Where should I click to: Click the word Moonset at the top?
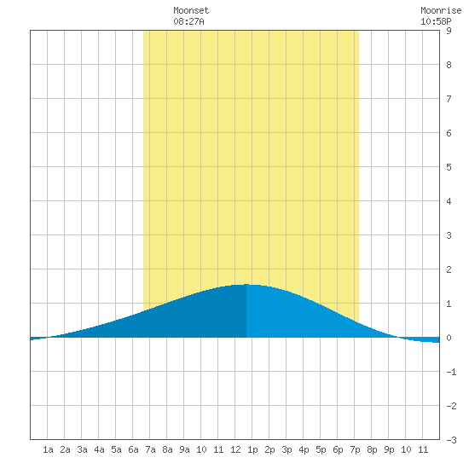(x=191, y=10)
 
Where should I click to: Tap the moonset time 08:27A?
(x=188, y=21)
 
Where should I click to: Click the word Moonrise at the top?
(x=441, y=10)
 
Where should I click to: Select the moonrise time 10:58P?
(x=436, y=21)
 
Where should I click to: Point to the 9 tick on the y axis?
(x=449, y=31)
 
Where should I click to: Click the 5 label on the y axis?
(x=449, y=167)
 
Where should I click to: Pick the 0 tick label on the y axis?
(x=449, y=338)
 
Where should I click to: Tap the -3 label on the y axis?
(x=451, y=440)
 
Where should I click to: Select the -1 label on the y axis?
(x=451, y=372)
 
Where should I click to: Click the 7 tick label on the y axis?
(x=449, y=99)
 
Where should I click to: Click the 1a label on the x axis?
(x=48, y=449)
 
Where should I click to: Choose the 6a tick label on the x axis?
(x=133, y=449)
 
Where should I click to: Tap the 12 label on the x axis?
(x=235, y=449)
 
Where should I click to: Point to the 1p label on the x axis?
(x=252, y=449)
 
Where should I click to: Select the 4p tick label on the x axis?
(x=304, y=449)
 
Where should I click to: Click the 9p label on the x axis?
(x=389, y=449)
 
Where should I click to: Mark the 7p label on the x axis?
(x=355, y=449)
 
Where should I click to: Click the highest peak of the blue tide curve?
(x=246, y=284)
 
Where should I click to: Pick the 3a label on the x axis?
(x=82, y=449)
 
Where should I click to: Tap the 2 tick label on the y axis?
(x=449, y=269)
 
